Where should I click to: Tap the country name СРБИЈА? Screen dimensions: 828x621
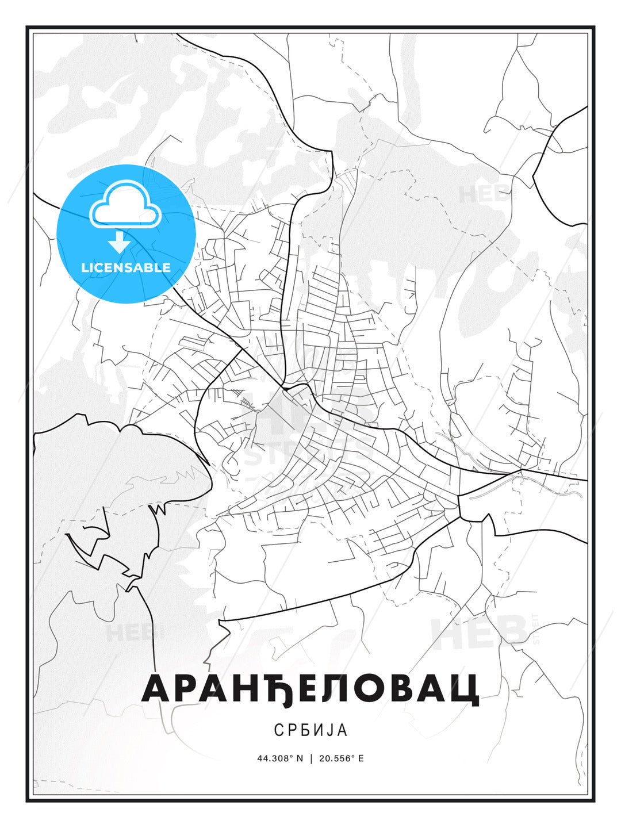pyautogui.click(x=310, y=730)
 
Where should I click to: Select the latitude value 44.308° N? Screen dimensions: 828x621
pyautogui.click(x=280, y=758)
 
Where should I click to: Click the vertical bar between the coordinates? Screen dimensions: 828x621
pyautogui.click(x=311, y=758)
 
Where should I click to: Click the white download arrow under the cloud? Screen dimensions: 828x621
pyautogui.click(x=120, y=242)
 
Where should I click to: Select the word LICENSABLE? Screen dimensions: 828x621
pyautogui.click(x=126, y=267)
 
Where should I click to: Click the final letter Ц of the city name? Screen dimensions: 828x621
pyautogui.click(x=466, y=689)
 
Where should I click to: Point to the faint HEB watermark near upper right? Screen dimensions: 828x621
pyautogui.click(x=485, y=194)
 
